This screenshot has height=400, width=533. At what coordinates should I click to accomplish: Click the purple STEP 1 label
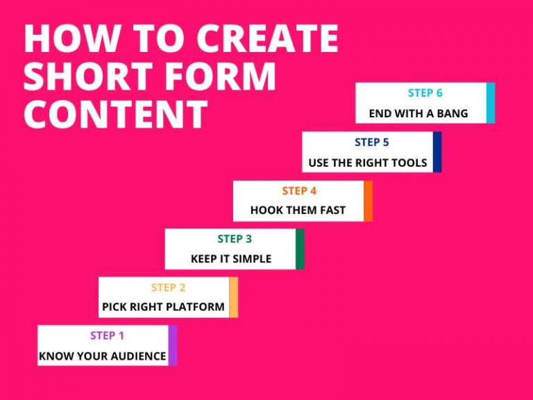pos(107,336)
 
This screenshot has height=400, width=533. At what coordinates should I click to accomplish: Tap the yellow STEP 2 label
pos(168,287)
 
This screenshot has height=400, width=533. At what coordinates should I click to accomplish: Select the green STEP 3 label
pos(235,239)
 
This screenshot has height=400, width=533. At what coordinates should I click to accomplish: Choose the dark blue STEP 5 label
pos(372,142)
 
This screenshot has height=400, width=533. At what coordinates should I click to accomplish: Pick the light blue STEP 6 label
pos(425,93)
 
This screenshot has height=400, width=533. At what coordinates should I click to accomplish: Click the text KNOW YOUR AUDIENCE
pos(103,356)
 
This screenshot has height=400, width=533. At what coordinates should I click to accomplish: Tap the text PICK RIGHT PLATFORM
pos(163,307)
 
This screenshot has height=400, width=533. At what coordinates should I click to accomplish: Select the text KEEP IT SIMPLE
pos(231,259)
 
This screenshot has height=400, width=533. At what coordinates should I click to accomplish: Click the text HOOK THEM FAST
pos(298,210)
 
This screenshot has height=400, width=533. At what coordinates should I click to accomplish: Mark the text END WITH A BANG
pos(418,113)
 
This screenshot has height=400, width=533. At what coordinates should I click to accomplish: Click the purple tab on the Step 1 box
pos(173,345)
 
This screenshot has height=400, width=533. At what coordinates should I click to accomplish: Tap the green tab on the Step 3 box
pos(300,249)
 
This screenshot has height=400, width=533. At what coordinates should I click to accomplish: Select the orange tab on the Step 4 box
pos(368,201)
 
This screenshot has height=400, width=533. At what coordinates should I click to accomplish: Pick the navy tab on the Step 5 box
pos(437,152)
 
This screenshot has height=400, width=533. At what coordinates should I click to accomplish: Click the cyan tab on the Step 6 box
pos(491,103)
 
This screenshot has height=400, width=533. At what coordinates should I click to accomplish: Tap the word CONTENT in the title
pos(115,114)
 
